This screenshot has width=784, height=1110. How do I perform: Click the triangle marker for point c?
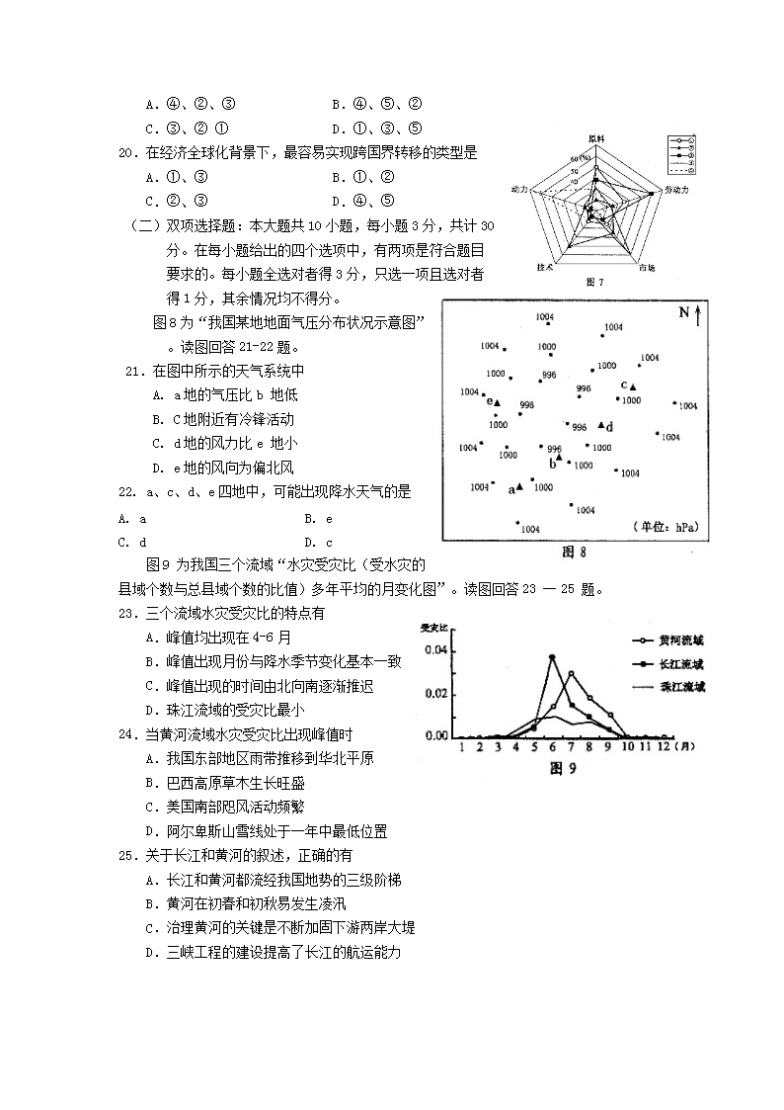click(x=634, y=386)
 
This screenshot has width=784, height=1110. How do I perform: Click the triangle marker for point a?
click(x=519, y=486)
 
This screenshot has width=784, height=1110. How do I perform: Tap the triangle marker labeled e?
click(x=499, y=402)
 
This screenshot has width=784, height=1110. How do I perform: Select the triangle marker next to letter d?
click(x=601, y=425)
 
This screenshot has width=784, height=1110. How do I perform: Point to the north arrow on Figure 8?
click(x=698, y=315)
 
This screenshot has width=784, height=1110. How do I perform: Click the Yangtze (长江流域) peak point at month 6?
click(x=552, y=656)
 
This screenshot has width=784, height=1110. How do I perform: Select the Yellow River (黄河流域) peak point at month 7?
click(x=572, y=674)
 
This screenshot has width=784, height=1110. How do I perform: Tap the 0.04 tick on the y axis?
click(x=434, y=650)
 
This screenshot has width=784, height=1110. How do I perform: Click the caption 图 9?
click(x=562, y=768)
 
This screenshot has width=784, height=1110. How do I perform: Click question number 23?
click(x=125, y=614)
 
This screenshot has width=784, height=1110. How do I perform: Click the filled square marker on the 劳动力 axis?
click(x=651, y=193)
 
